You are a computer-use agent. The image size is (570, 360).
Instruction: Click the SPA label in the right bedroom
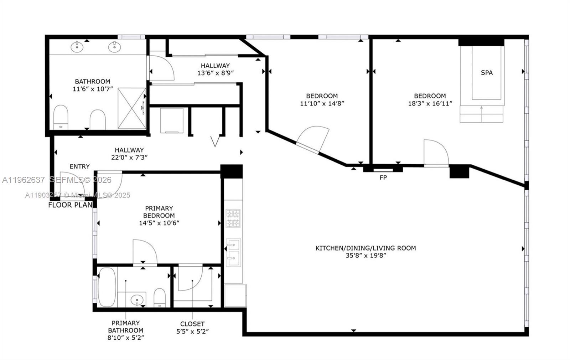pyautogui.click(x=487, y=73)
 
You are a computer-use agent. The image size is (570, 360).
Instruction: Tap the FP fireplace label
pyautogui.click(x=383, y=177)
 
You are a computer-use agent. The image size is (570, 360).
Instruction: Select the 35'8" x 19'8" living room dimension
pyautogui.click(x=366, y=256)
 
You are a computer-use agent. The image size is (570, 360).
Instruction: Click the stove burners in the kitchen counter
pyautogui.click(x=233, y=218)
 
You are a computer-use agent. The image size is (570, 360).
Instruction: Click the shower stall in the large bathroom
pyautogui.click(x=131, y=108)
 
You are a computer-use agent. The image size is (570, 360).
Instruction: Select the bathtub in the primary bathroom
pyautogui.click(x=107, y=287)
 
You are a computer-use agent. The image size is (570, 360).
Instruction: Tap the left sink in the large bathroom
pyautogui.click(x=77, y=46)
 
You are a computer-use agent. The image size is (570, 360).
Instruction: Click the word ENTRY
pyautogui.click(x=79, y=166)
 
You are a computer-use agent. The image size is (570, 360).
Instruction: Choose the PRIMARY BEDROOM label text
pyautogui.click(x=159, y=212)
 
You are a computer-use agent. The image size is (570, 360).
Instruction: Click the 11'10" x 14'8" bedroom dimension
pyautogui.click(x=322, y=104)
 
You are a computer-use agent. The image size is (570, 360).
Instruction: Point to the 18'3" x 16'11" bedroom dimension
pyautogui.click(x=430, y=104)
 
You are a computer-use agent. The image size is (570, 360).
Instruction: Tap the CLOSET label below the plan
pyautogui.click(x=192, y=324)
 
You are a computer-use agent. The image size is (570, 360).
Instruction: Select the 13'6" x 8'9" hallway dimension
pyautogui.click(x=215, y=73)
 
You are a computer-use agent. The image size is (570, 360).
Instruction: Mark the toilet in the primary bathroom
pyautogui.click(x=160, y=298)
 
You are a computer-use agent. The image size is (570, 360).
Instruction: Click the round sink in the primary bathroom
pyautogui.click(x=137, y=300)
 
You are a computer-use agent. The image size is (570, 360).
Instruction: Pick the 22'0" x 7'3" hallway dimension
pyautogui.click(x=129, y=158)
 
